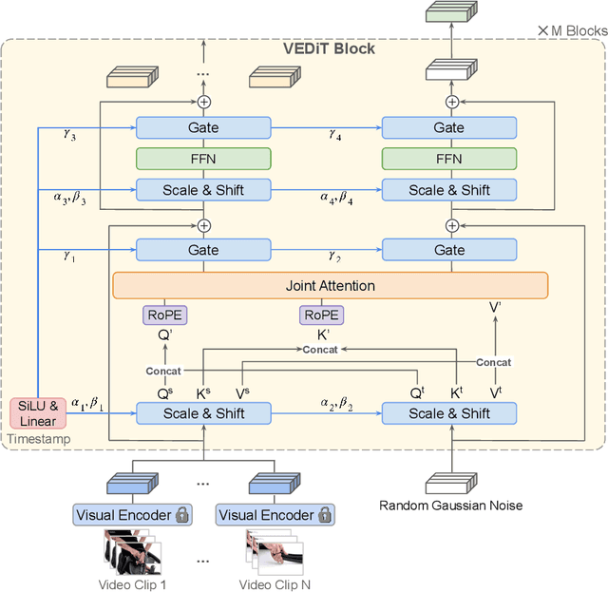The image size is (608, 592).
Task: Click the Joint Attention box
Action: (330, 285)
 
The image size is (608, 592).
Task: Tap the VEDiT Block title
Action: (329, 48)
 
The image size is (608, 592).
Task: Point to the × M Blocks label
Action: (572, 31)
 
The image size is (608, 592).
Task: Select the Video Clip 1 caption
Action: (133, 584)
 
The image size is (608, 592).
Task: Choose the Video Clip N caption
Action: (275, 584)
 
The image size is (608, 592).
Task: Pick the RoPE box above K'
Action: (322, 315)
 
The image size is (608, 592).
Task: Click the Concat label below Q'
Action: (162, 370)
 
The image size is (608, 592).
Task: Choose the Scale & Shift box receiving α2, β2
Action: (448, 413)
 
